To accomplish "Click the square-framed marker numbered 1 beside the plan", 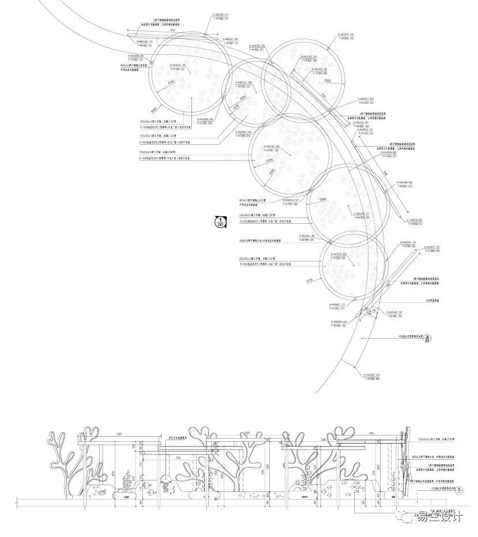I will tap(220, 220).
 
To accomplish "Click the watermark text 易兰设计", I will tap(442, 517).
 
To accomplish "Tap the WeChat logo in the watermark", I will tap(412, 517).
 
